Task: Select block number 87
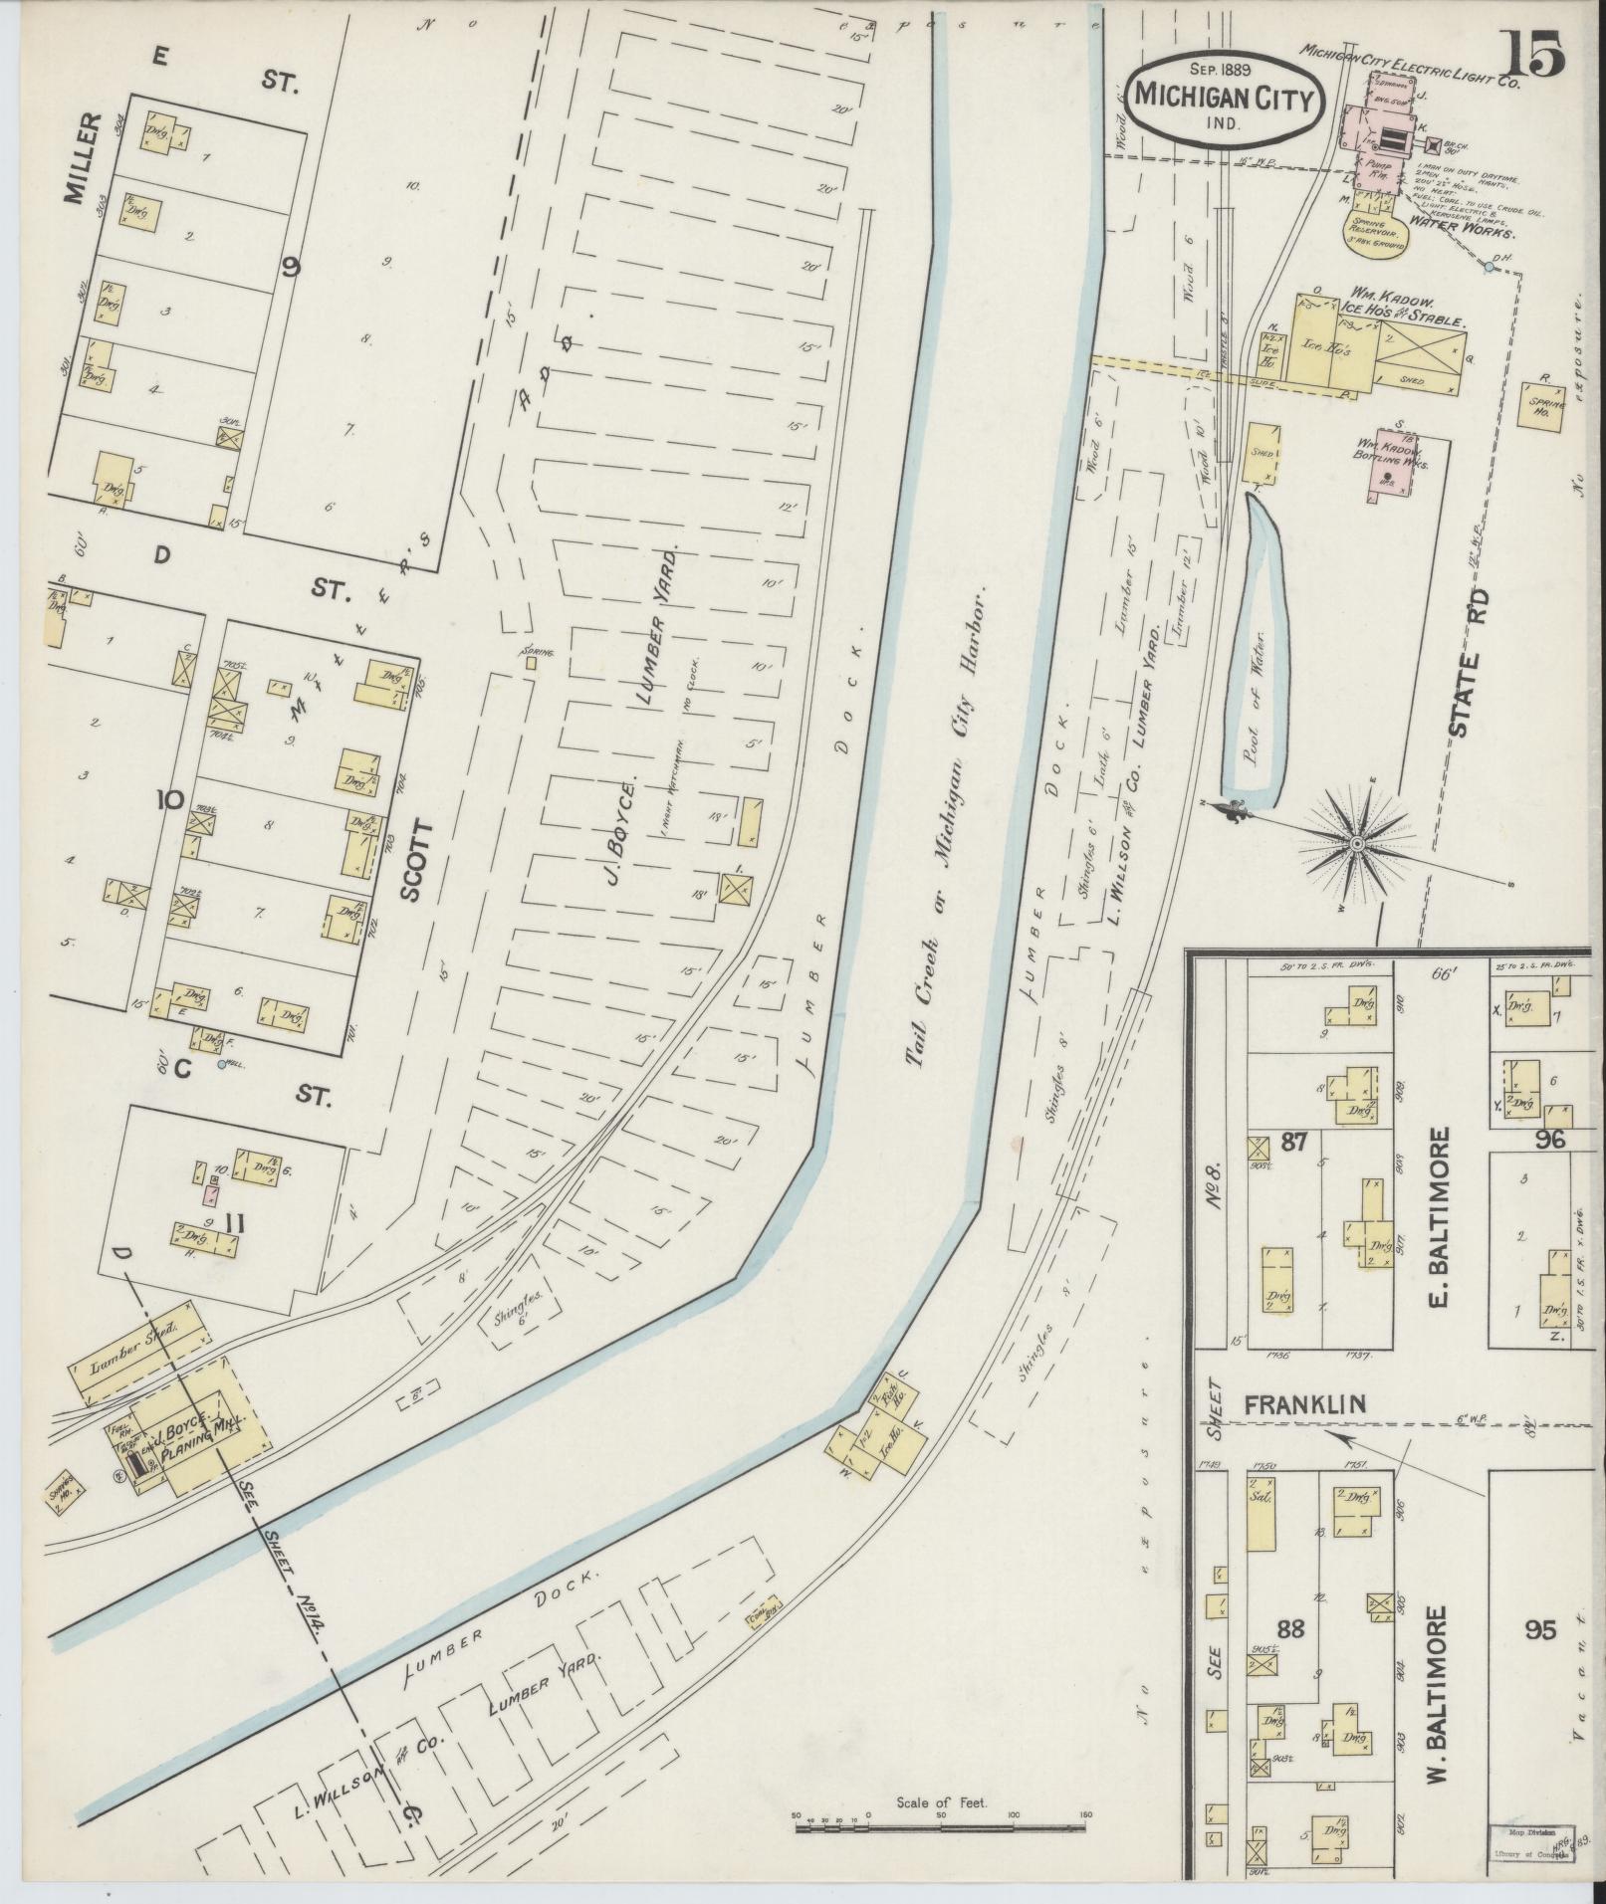(x=1293, y=1142)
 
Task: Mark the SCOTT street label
(x=412, y=861)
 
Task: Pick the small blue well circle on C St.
(x=221, y=1065)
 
